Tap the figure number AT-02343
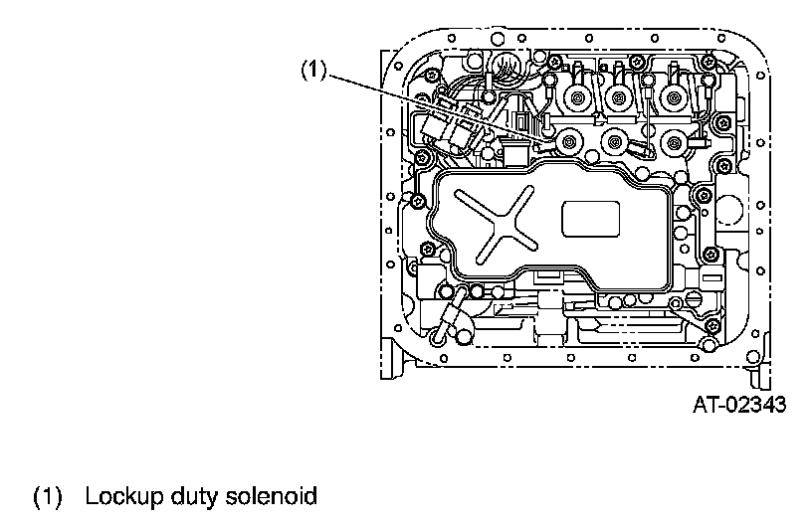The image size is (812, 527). [740, 405]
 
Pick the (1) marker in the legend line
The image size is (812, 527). [49, 494]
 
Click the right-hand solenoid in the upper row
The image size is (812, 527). [677, 97]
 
